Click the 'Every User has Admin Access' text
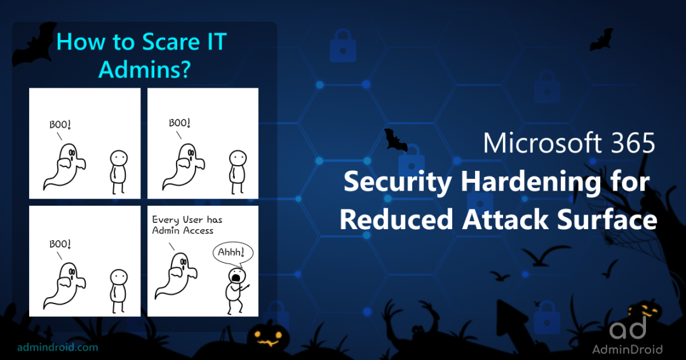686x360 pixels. coord(187,225)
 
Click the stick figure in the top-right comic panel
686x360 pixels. coord(238,170)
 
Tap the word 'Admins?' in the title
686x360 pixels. coord(144,69)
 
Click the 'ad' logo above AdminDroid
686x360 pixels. coord(628,328)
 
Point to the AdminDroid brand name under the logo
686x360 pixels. coord(627,349)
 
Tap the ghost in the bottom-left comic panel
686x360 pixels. coord(64,283)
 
